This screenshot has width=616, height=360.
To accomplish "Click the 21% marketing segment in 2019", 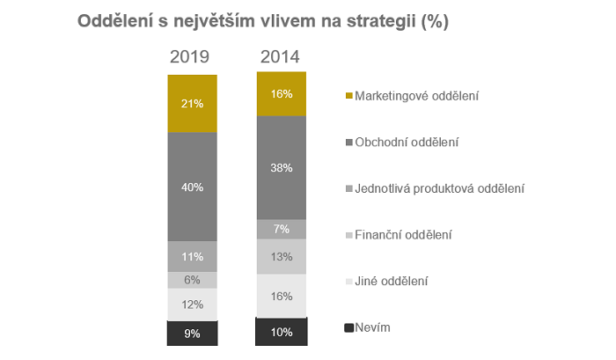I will pyautogui.click(x=193, y=103).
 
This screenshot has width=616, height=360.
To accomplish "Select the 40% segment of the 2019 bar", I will pyautogui.click(x=193, y=187).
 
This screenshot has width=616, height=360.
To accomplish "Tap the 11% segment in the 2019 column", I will pyautogui.click(x=193, y=256).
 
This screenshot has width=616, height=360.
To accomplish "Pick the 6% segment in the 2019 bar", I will pyautogui.click(x=193, y=280).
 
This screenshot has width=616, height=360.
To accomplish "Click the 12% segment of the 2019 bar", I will pyautogui.click(x=193, y=305).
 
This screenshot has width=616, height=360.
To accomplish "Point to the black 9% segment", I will pyautogui.click(x=193, y=333).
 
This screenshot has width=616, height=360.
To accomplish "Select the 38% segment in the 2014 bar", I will pyautogui.click(x=282, y=167).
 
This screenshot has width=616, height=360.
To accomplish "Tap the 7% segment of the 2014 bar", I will pyautogui.click(x=282, y=229).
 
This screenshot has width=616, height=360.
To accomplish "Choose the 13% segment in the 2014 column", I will pyautogui.click(x=282, y=256).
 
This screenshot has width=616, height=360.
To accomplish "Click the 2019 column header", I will pyautogui.click(x=189, y=57).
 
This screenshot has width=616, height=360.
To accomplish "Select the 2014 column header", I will pyautogui.click(x=280, y=57).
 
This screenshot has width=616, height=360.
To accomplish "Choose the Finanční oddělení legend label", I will pyautogui.click(x=404, y=235).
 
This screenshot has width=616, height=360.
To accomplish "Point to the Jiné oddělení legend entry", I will pyautogui.click(x=392, y=282).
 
